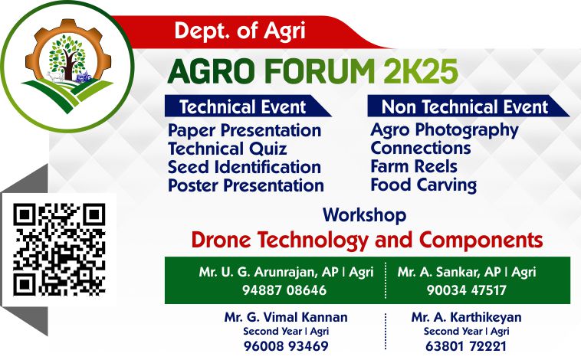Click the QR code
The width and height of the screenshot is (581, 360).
tap(59, 249)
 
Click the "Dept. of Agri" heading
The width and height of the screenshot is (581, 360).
tap(240, 31)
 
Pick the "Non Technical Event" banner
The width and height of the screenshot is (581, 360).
tap(468, 106)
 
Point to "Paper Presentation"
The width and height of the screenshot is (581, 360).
tap(245, 130)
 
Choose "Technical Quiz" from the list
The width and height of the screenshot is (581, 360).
tap(227, 149)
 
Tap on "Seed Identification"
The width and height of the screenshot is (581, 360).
tap(245, 167)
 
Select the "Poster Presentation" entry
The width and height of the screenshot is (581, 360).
tap(246, 185)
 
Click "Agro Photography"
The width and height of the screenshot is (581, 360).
tap(445, 130)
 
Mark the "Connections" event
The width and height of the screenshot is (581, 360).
tap(421, 148)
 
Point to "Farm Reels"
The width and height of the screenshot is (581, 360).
tap(413, 166)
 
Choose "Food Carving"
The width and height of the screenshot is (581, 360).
tap(424, 185)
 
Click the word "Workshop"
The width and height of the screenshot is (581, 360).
tap(364, 215)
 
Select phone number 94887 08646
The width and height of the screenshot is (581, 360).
tap(284, 290)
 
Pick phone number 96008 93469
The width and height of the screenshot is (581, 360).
tap(286, 346)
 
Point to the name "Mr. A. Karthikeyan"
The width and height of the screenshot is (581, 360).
tap(466, 317)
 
